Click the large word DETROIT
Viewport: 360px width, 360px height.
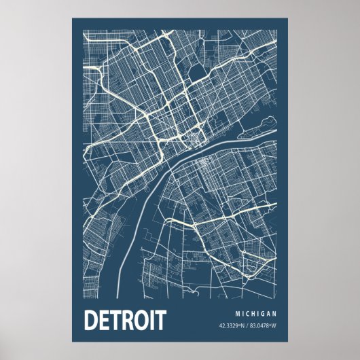click(125, 320)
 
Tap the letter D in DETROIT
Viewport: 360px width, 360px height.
click(90, 320)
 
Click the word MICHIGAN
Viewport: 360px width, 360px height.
click(256, 313)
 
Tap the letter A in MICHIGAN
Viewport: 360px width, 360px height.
click(270, 313)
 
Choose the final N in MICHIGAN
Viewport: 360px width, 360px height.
click(275, 313)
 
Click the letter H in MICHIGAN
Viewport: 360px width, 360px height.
click(253, 313)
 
